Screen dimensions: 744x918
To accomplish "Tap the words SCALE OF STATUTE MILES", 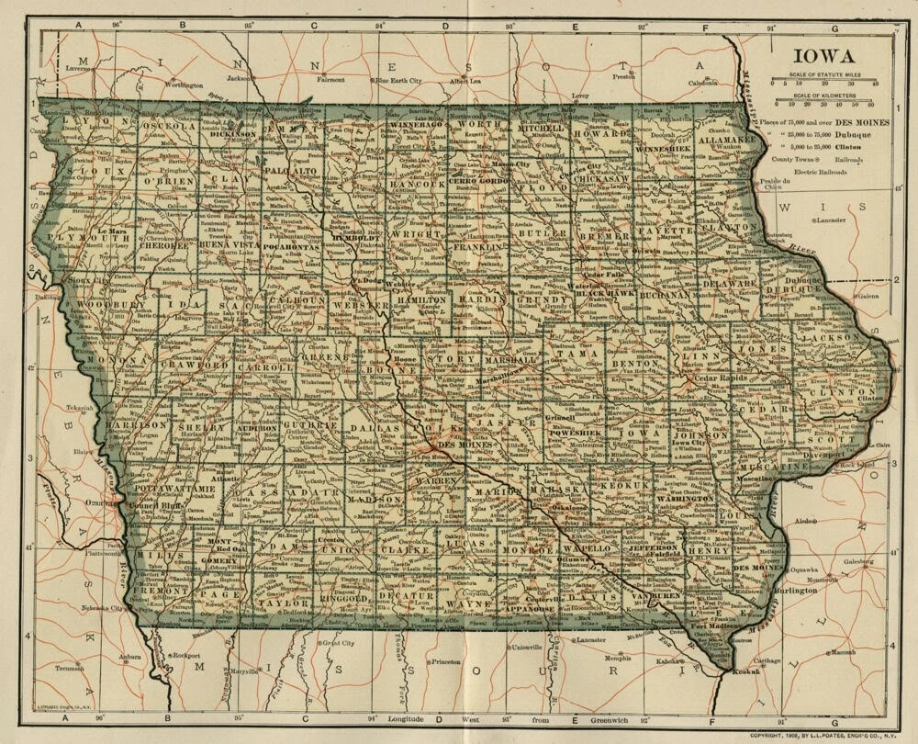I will [824, 74].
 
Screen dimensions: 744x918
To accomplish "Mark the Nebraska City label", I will [103, 609].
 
